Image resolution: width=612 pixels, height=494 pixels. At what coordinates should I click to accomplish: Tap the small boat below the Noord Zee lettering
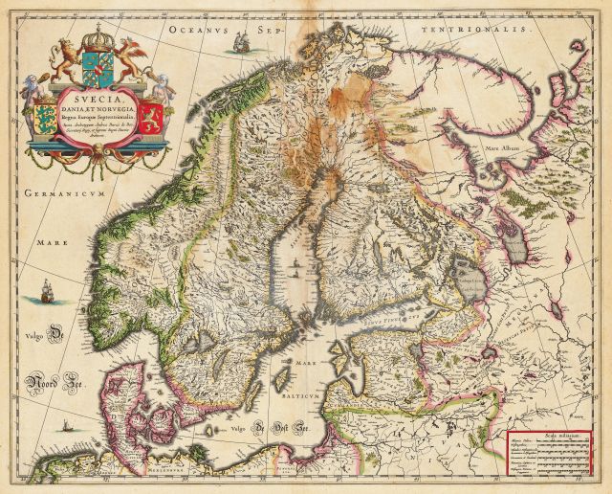click(65, 423)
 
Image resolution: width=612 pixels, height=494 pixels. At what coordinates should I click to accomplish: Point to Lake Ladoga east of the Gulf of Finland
click(475, 290)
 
